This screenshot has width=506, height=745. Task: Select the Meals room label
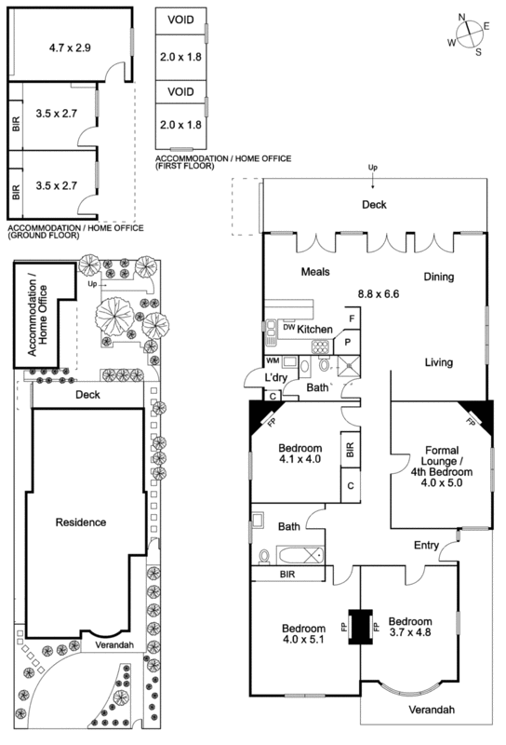[317, 272]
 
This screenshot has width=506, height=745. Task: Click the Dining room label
[441, 277]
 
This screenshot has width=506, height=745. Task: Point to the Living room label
[439, 362]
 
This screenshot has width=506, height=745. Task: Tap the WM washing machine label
[273, 359]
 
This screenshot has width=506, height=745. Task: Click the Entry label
[427, 547]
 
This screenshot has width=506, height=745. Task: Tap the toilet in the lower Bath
[265, 556]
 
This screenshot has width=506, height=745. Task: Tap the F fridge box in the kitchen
[351, 319]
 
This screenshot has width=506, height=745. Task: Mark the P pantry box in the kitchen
[346, 342]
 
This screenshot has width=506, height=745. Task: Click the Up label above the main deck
[373, 169]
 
